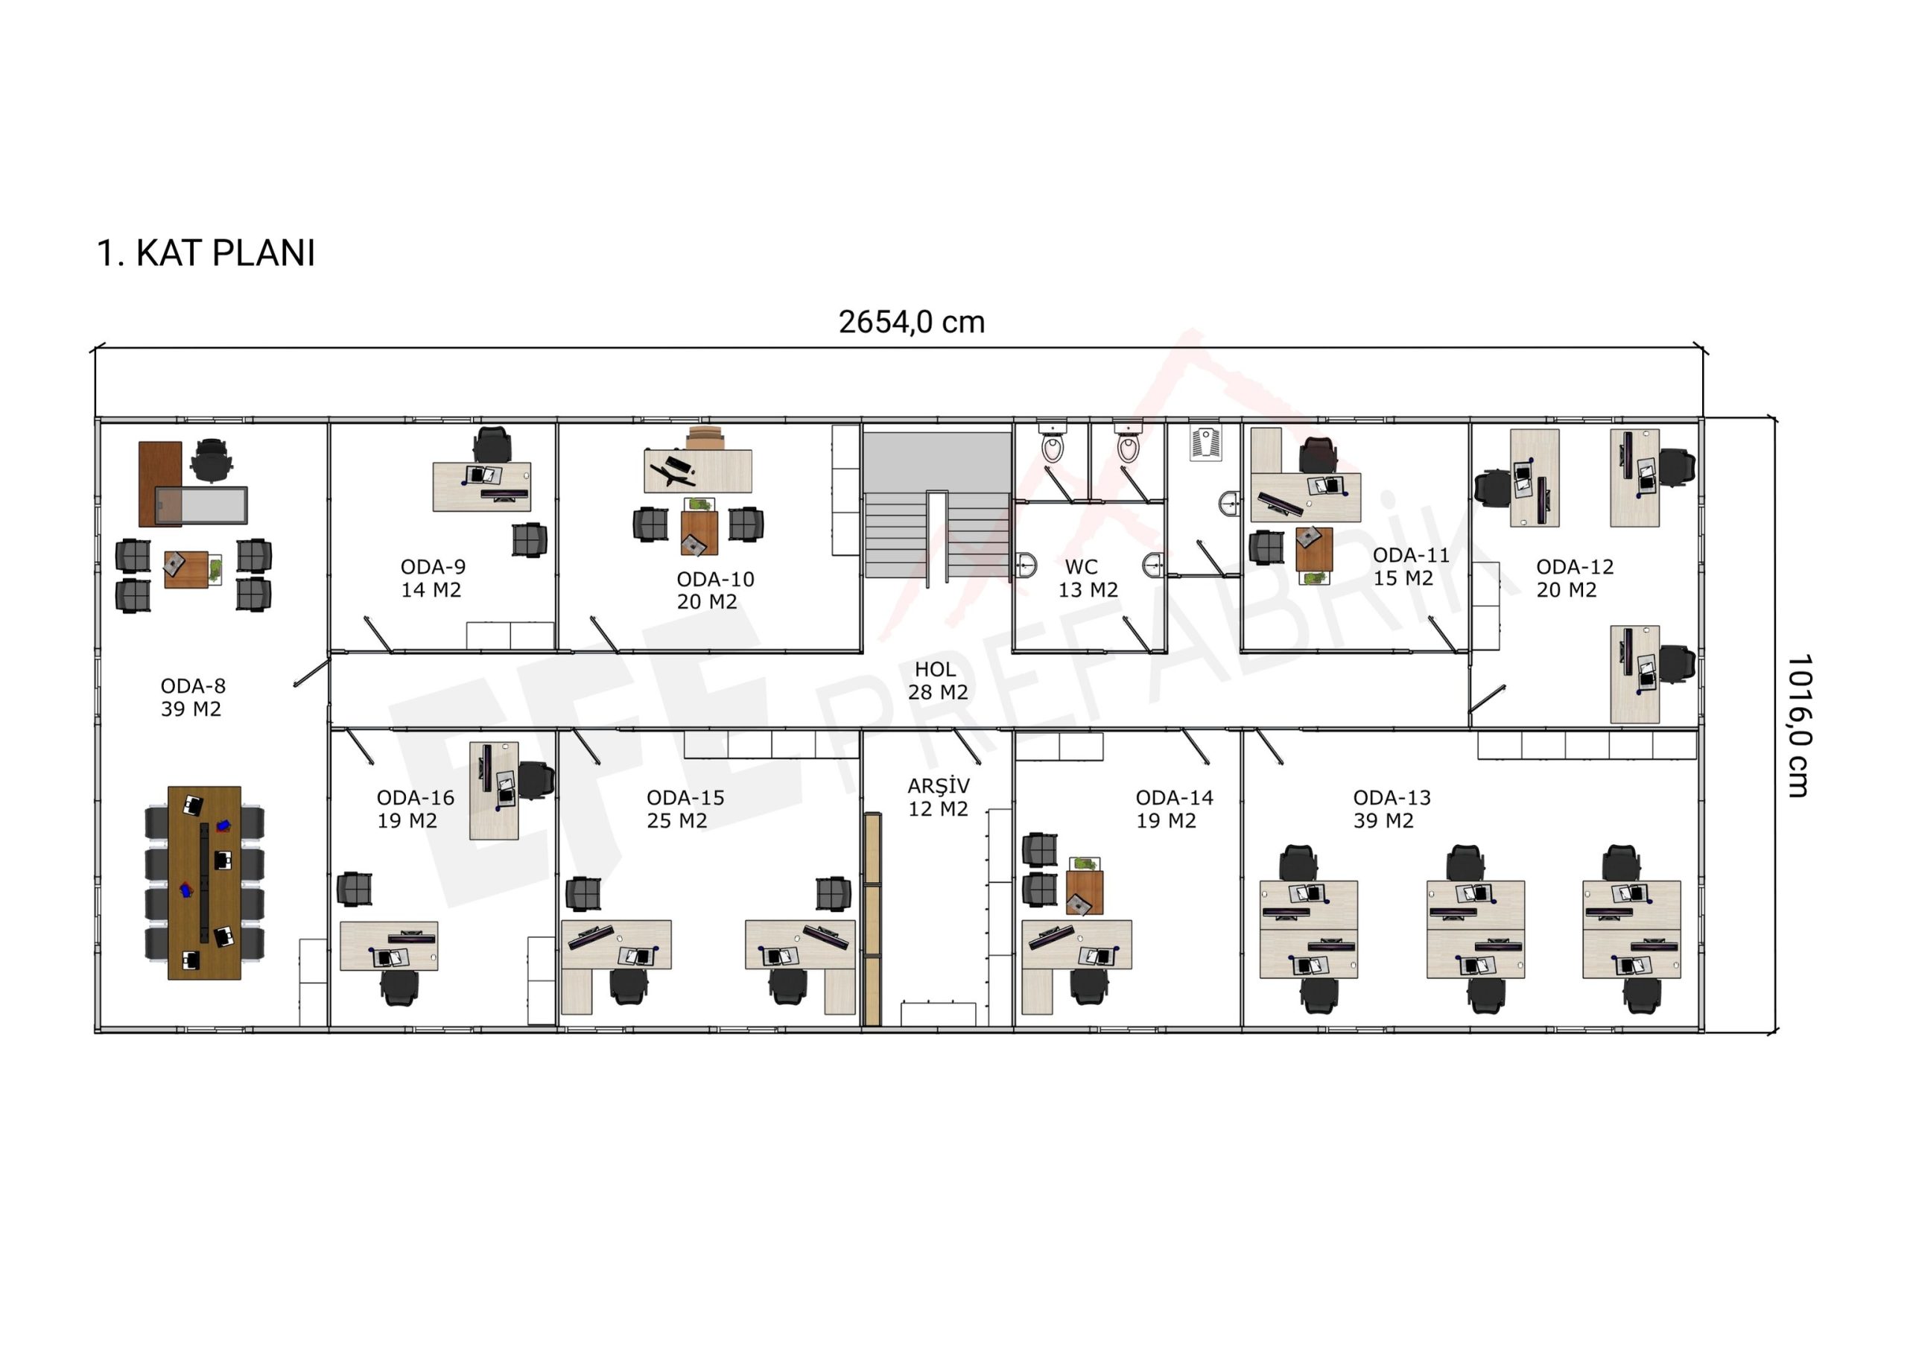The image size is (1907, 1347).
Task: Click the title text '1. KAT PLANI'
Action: coord(206,253)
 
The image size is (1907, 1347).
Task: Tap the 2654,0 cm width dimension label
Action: coord(911,322)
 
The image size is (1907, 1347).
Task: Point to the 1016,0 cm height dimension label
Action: coord(1798,725)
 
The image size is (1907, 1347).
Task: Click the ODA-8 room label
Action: coord(193,686)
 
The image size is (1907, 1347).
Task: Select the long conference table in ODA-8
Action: coord(204,883)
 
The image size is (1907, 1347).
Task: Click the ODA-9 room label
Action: coord(433,566)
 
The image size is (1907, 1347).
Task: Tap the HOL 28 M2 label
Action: coord(937,680)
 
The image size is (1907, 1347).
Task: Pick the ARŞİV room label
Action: coord(939,785)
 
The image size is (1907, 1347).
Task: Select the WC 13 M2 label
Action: coord(1088,578)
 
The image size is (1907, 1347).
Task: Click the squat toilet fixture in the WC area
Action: coord(1205,443)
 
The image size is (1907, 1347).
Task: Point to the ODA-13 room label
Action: coord(1392,797)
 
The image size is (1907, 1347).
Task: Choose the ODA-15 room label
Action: coord(685,797)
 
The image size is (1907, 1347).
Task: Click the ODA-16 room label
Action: coord(415,797)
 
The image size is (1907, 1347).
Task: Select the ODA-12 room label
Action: coord(1574,566)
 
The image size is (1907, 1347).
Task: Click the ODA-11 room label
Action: coord(1410,555)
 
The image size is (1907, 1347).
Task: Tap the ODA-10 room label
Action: coord(714,579)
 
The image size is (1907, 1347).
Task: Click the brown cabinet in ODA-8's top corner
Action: coord(159,484)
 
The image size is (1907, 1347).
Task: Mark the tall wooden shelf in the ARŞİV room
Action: coord(872,919)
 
